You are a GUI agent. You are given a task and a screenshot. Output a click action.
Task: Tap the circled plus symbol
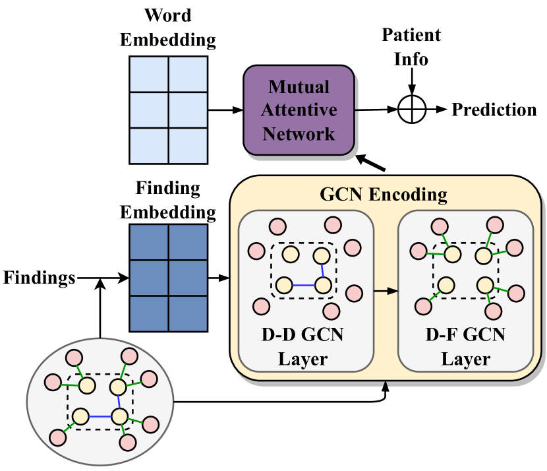click(412, 110)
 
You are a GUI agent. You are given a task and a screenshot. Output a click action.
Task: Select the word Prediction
click(494, 110)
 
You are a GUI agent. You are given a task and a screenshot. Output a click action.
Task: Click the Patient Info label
click(411, 47)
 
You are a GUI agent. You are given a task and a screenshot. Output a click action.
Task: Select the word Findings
click(39, 278)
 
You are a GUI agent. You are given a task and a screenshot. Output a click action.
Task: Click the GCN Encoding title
click(383, 195)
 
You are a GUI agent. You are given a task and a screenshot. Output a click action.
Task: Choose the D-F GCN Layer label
click(465, 346)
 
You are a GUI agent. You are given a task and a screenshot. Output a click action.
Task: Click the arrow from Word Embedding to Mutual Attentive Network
click(225, 110)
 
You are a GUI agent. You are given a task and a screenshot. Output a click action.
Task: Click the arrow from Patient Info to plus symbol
click(412, 82)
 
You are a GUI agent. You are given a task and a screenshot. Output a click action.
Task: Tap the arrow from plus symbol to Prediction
click(437, 110)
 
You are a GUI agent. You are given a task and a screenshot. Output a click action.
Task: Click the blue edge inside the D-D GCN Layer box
click(303, 285)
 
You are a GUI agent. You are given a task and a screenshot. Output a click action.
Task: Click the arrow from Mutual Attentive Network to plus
click(376, 110)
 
